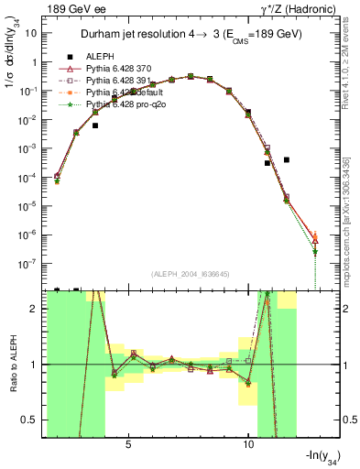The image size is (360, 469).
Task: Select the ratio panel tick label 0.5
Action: pos(32,420)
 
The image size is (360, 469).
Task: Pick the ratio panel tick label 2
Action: pos(36,309)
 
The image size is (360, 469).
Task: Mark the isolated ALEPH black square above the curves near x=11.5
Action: pos(287,159)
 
